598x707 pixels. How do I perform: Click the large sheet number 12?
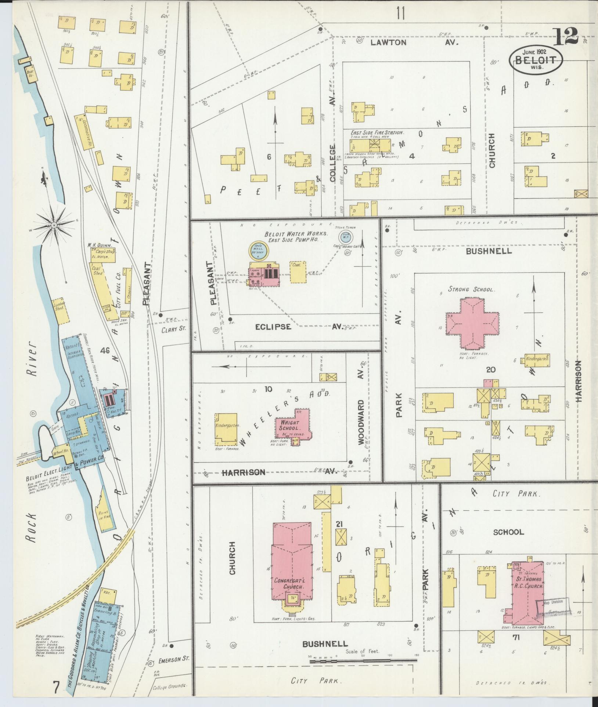tap(565, 36)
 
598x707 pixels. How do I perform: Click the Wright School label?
tap(289, 425)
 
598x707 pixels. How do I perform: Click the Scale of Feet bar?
tap(364, 661)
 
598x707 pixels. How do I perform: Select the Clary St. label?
tap(174, 329)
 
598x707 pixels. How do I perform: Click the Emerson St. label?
tap(173, 659)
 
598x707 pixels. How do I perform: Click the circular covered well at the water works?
tap(259, 250)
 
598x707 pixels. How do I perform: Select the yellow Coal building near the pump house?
tap(298, 272)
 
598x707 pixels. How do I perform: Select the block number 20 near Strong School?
tap(490, 369)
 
